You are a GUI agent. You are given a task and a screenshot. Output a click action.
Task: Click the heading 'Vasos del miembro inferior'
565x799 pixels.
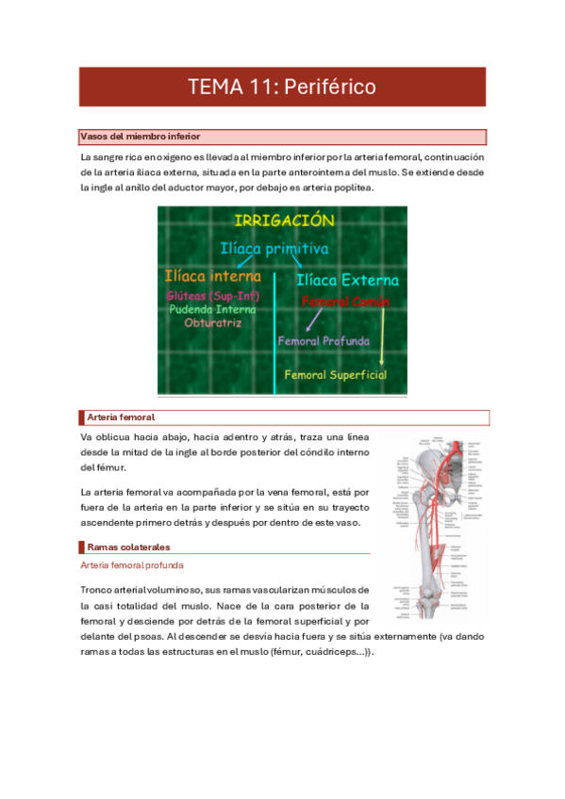click(x=141, y=137)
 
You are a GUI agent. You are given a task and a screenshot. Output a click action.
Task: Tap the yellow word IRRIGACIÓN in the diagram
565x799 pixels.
click(x=283, y=220)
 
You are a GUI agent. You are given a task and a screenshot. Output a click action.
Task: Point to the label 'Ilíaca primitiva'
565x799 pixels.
click(x=274, y=249)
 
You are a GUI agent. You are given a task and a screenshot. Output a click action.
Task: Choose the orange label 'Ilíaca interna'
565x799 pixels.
click(x=212, y=276)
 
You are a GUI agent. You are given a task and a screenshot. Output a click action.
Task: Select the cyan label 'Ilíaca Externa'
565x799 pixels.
click(x=347, y=280)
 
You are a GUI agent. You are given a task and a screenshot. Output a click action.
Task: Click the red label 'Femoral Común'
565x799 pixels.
click(x=345, y=302)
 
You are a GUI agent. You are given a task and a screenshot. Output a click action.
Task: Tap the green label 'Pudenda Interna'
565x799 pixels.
click(x=212, y=308)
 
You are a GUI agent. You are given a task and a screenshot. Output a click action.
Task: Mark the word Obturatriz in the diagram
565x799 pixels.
click(x=212, y=322)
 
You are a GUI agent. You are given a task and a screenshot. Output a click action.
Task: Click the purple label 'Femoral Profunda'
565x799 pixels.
click(x=324, y=341)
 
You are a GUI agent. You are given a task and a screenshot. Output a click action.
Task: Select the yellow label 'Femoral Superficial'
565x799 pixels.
click(x=336, y=374)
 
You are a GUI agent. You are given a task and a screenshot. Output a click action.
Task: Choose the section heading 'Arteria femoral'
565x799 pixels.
click(x=120, y=416)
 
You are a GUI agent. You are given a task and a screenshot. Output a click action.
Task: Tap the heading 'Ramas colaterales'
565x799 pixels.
click(x=129, y=546)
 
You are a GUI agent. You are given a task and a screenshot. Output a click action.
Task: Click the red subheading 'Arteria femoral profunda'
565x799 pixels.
click(x=132, y=565)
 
